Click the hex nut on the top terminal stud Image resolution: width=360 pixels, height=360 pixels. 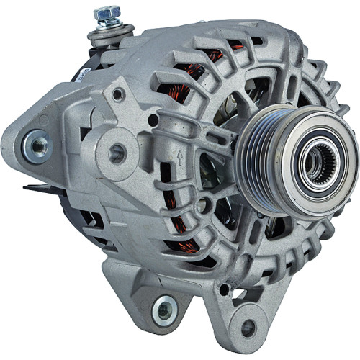click(107, 13)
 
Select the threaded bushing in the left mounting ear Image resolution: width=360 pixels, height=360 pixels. click(35, 147)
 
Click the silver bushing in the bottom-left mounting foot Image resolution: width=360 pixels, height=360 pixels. click(163, 310)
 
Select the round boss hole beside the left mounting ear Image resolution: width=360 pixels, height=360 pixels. click(116, 153)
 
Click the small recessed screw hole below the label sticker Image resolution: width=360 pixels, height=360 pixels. click(117, 94)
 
